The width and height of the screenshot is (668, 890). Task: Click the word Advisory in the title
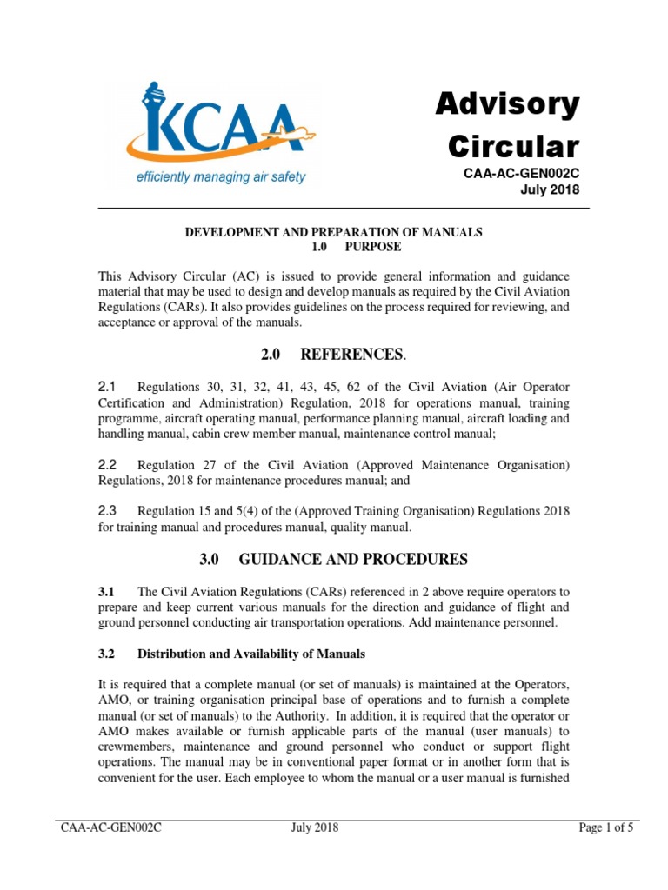pyautogui.click(x=506, y=105)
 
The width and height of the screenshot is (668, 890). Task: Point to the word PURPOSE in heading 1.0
pyautogui.click(x=373, y=247)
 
